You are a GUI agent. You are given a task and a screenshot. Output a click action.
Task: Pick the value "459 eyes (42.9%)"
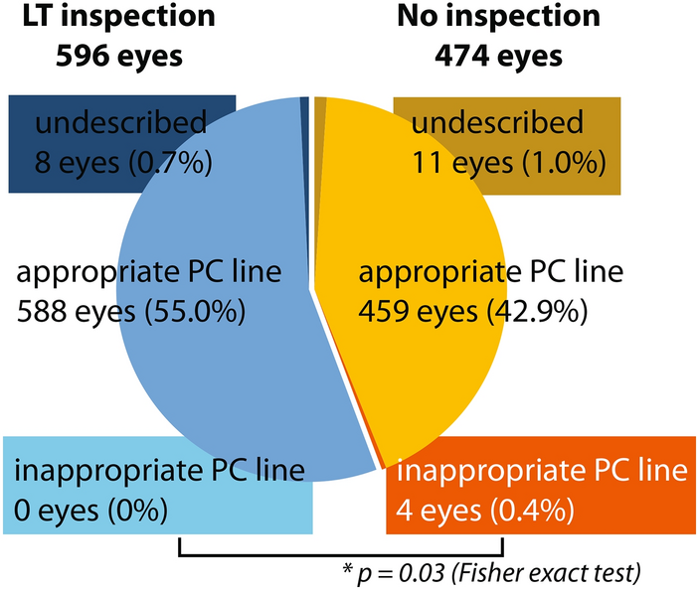tap(473, 313)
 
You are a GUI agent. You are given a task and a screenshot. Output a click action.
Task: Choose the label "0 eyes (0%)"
tap(90, 509)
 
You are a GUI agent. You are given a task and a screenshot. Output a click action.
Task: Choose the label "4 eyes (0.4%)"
tap(481, 509)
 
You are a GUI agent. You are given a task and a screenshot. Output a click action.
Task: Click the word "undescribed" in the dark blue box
tap(120, 123)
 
